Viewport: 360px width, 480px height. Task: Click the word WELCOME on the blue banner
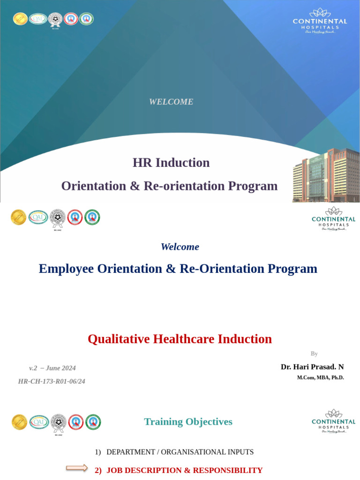171,102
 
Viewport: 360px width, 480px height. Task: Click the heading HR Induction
171,163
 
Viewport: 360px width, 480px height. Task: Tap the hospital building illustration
326,176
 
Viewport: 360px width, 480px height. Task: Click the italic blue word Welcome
180,247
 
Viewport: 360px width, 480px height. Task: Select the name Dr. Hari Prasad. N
312,367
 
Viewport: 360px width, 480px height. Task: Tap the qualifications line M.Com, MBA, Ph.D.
321,377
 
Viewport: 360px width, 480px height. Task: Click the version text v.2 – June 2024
52,368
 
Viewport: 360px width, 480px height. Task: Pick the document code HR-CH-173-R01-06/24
52,381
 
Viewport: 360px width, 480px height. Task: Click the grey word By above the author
314,353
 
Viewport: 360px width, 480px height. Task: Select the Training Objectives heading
188,421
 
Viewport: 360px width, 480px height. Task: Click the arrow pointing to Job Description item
76,468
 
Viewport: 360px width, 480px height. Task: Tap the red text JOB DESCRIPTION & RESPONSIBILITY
184,470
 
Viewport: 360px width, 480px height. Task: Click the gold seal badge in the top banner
20,19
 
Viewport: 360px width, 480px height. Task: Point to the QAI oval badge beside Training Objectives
39,422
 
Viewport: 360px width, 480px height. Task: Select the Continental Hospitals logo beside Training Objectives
334,421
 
